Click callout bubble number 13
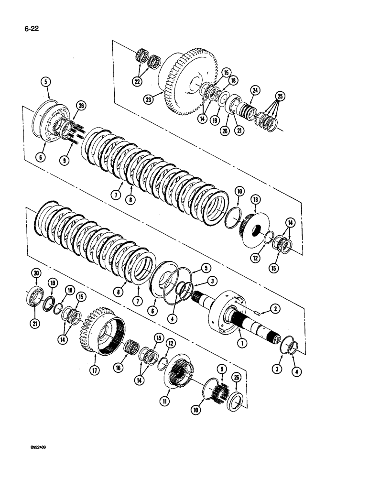pyautogui.click(x=256, y=199)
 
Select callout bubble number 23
pyautogui.click(x=149, y=99)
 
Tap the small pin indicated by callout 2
pyautogui.click(x=256, y=314)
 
